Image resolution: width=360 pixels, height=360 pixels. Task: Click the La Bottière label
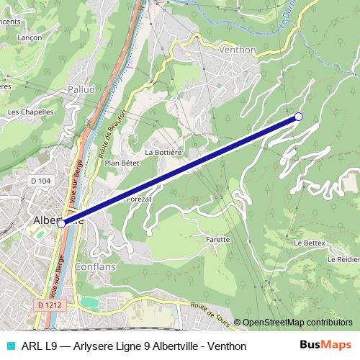point(162,153)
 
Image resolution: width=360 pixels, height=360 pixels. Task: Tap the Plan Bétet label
point(122,163)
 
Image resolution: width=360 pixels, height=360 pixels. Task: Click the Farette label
point(217,239)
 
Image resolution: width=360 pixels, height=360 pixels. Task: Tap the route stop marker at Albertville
point(61,224)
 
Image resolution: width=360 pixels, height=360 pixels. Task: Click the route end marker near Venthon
point(299,117)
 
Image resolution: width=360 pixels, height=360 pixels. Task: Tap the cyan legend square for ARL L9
point(10,346)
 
